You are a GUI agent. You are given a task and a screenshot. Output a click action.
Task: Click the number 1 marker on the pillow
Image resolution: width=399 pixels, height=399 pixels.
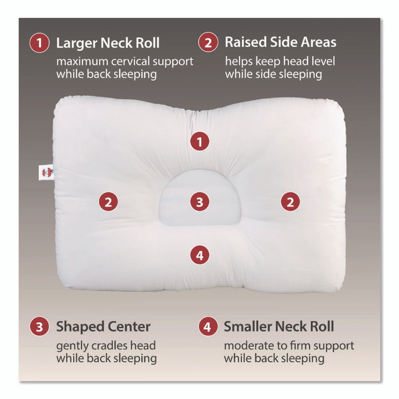click(x=199, y=142)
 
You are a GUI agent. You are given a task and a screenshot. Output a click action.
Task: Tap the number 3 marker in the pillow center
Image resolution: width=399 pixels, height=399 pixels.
click(x=199, y=202)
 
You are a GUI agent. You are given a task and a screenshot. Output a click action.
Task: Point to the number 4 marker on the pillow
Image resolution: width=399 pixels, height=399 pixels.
click(x=199, y=255)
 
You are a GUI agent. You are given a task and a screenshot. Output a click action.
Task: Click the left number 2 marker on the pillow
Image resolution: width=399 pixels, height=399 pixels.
click(x=108, y=202)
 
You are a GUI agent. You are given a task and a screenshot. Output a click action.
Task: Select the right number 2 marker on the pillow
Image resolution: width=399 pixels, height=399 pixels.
click(x=290, y=202)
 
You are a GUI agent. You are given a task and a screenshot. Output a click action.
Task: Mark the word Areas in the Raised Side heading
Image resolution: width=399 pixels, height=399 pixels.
click(x=318, y=42)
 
